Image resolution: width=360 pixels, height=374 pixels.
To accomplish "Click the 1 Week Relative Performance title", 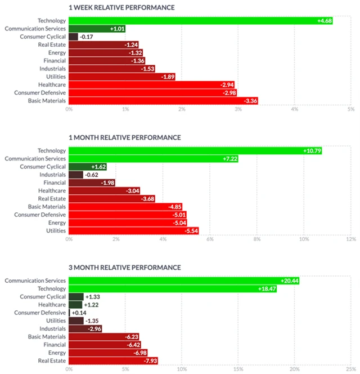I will (121, 8).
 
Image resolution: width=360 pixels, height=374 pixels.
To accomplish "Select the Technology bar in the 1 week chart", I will (201, 21).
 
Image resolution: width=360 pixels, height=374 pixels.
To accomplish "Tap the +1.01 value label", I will (118, 29).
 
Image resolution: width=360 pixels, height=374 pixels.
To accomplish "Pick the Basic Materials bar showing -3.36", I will (163, 101).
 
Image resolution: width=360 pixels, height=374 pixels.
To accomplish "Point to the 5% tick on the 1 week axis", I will (350, 109).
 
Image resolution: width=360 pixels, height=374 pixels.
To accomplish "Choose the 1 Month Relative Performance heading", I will (125, 137).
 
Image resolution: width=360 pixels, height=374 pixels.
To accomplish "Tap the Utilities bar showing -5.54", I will (133, 231).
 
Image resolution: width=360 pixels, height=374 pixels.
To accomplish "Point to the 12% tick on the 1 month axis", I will (350, 239).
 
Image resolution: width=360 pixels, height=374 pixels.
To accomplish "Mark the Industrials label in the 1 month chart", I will (53, 175).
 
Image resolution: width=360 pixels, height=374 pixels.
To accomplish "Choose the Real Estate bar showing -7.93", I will (104, 360).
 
